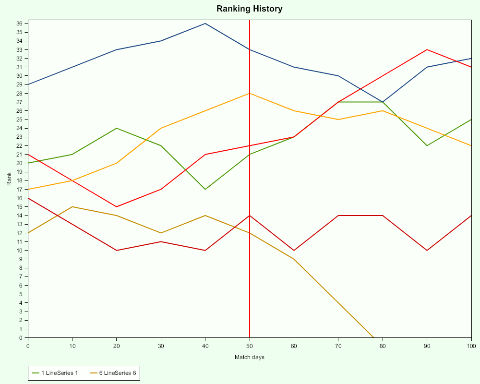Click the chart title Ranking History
249,9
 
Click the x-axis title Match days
249,357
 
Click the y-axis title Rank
9,179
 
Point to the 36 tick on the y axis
20,24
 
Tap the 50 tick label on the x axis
250,345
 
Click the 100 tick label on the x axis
471,345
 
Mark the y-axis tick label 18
20,180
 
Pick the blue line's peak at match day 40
205,24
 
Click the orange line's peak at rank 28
250,94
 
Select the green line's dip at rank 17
205,189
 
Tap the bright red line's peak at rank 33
427,49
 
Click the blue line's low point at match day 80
383,102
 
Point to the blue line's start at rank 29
28,84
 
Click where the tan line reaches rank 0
373,337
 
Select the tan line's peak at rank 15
72,207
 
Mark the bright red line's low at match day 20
117,207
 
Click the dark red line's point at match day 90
427,250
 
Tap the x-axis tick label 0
28,345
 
